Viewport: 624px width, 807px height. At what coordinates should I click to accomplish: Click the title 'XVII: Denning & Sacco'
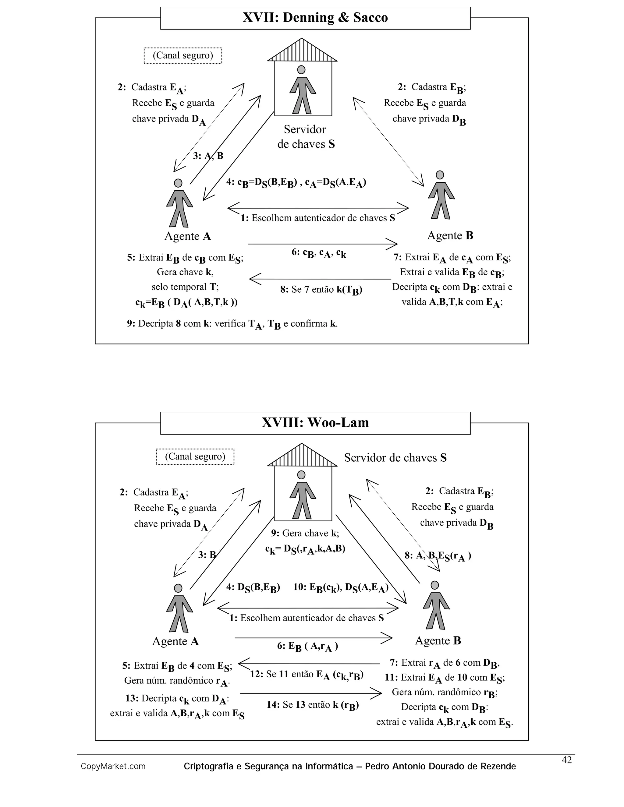tap(315, 18)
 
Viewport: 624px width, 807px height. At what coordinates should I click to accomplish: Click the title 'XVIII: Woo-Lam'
tap(315, 422)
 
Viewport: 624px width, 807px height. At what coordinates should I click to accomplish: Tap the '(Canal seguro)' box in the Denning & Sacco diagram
tap(183, 55)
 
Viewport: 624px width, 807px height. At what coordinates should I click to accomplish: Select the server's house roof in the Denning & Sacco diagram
tap(302, 51)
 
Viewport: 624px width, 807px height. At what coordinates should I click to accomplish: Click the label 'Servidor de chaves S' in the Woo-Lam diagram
tap(395, 458)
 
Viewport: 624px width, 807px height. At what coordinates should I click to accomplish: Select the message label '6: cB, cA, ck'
tap(319, 253)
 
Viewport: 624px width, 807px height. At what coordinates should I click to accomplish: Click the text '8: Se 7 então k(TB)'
tap(321, 290)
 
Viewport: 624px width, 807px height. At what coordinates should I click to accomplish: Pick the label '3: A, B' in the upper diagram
tap(208, 156)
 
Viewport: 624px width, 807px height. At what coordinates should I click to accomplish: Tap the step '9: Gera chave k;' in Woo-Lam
tap(305, 533)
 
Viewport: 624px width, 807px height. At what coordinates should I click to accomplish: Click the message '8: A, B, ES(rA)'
tap(438, 556)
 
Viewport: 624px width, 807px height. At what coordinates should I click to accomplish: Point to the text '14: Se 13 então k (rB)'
tap(312, 705)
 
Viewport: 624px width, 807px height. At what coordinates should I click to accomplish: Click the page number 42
tap(566, 760)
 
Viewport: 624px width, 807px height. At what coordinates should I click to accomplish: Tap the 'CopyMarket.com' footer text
tap(113, 766)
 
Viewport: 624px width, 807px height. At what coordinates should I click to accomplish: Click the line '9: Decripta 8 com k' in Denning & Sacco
tap(232, 324)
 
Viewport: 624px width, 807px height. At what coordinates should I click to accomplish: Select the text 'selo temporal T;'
tap(185, 287)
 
